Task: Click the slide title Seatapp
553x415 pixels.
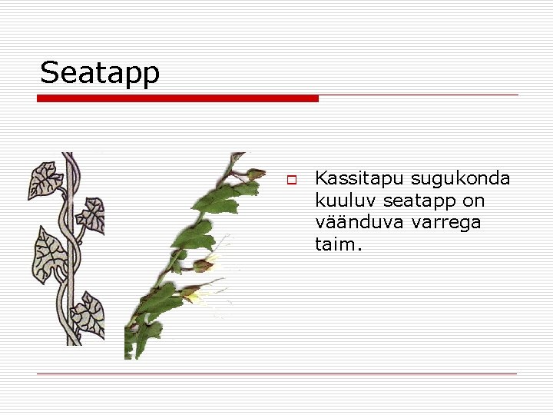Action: pos(100,73)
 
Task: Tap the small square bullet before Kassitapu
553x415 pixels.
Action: pos(292,181)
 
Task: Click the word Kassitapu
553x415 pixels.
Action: pos(359,180)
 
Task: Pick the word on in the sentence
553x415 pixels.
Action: pos(474,201)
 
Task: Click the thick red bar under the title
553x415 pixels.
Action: pos(178,98)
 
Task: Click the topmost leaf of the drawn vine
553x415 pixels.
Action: pos(45,180)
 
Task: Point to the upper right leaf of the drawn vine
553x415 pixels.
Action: pos(93,213)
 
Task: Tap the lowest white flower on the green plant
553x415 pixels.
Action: pos(201,295)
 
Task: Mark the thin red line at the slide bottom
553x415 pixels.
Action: pos(276,373)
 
